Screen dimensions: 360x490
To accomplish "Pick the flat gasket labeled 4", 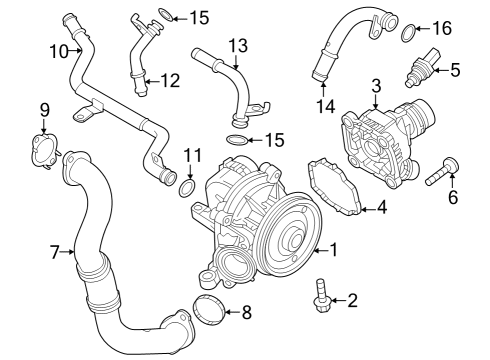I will point(336,186).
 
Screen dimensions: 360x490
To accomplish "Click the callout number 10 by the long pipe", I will point(59,49).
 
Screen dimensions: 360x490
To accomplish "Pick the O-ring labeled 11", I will point(187,187).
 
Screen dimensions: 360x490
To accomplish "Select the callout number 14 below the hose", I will point(322,105).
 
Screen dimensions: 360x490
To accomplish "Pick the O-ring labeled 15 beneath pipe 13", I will point(236,138).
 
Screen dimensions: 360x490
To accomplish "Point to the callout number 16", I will point(441,29).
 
